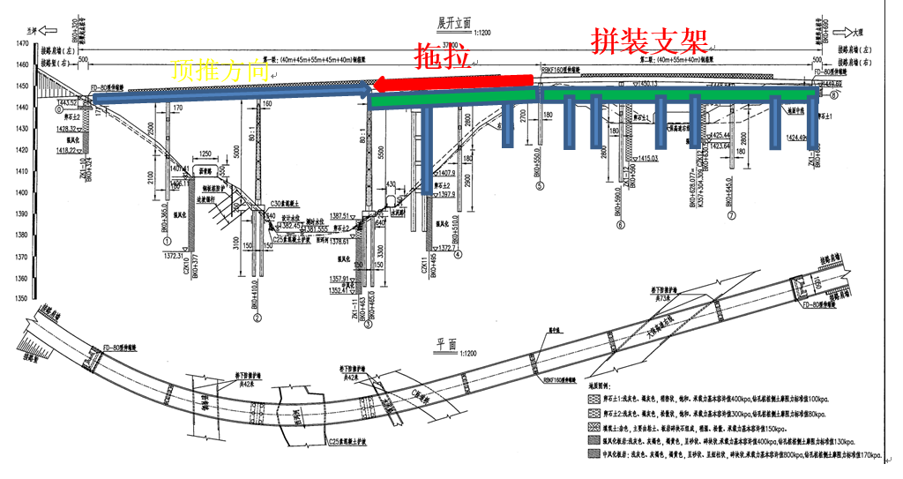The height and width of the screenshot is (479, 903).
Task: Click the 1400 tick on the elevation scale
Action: [15, 192]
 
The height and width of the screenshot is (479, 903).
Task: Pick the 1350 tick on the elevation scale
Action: [15, 299]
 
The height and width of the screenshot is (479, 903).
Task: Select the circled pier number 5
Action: [539, 186]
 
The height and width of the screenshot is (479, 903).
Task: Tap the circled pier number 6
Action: [621, 225]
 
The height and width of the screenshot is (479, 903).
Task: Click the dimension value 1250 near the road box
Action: [208, 153]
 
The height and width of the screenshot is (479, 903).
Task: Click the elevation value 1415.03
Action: [653, 158]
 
